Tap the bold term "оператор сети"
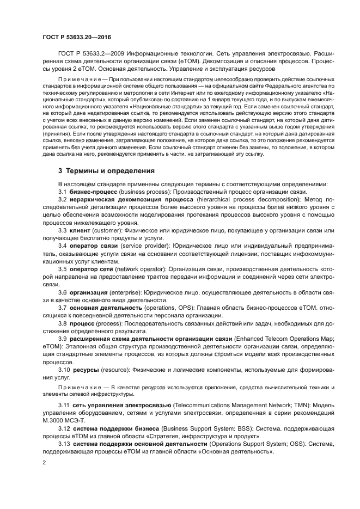[x=91, y=269]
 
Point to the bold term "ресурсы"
[x=86, y=370]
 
